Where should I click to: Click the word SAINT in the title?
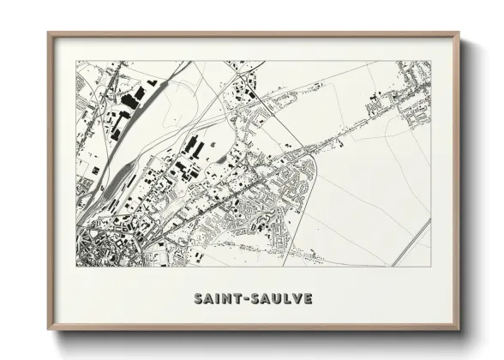click(217, 299)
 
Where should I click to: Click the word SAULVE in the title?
click(281, 299)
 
